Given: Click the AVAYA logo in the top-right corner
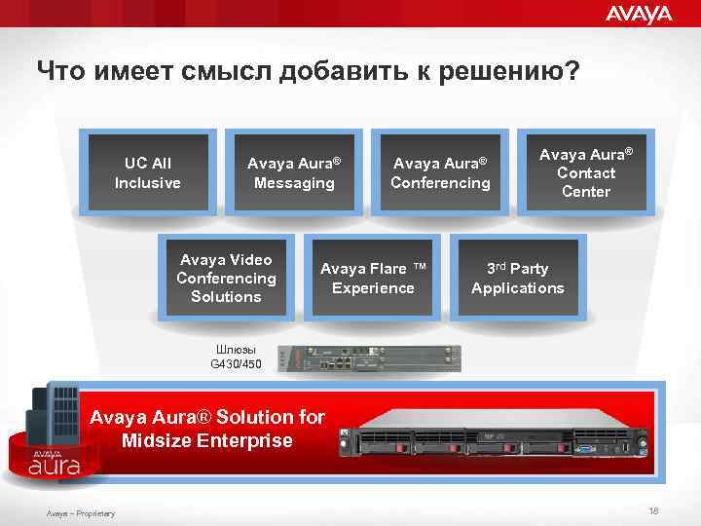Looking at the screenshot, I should click(639, 14).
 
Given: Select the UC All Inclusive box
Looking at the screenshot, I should click(148, 172).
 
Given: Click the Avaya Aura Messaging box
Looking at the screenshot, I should click(294, 172).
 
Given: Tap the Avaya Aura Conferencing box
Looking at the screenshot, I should click(440, 172).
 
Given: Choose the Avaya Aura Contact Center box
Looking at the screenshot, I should click(586, 172).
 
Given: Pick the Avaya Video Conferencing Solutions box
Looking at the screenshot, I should click(226, 278).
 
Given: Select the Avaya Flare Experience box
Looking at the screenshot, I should click(373, 278).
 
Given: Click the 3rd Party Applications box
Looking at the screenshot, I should click(518, 278).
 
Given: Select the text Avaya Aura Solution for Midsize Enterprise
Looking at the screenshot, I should click(206, 429).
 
